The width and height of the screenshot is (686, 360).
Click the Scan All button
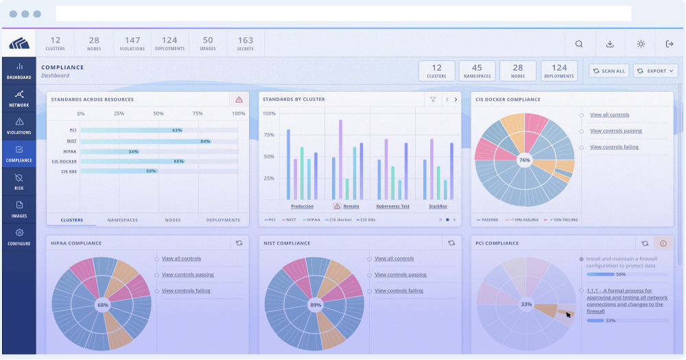[608, 71]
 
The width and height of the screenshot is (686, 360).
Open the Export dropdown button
[656, 71]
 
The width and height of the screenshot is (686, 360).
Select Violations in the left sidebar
[19, 125]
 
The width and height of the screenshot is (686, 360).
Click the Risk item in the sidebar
[19, 181]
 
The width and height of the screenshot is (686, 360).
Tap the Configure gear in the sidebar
[19, 237]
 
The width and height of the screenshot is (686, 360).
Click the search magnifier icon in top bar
[579, 44]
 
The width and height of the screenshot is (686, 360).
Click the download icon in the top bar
[610, 44]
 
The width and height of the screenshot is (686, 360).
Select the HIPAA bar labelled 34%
[110, 152]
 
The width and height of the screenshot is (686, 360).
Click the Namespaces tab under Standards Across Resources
[122, 220]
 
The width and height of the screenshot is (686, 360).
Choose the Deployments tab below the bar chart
[223, 220]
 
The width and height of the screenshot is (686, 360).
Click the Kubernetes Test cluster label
[392, 206]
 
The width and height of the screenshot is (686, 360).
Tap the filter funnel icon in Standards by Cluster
[433, 99]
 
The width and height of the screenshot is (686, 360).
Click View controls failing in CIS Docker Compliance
[614, 147]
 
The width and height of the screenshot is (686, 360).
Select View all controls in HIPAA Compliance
[181, 259]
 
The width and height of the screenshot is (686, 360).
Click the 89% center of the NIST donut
[316, 304]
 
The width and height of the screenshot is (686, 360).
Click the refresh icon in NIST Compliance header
[451, 243]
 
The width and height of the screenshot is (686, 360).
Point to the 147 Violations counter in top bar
[132, 43]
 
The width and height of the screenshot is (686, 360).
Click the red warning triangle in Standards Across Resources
[239, 99]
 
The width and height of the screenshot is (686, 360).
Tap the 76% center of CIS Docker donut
[525, 160]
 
